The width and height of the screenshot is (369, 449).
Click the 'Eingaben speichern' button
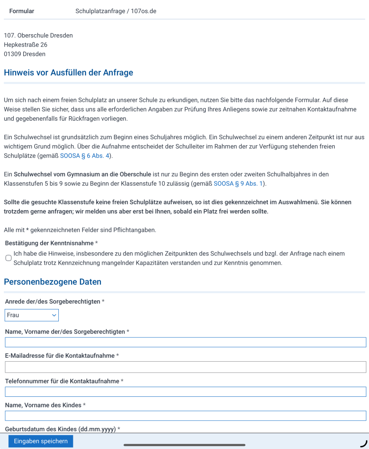41,441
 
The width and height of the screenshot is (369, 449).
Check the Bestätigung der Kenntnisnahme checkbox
8,258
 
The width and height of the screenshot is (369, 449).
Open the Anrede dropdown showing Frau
32,315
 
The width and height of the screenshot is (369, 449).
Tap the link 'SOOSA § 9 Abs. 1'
240,183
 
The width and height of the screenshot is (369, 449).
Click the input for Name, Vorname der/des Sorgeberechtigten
185,342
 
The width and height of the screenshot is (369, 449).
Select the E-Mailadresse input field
185,367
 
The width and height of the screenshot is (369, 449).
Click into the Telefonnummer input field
185,392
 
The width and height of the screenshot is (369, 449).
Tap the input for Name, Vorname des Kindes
185,416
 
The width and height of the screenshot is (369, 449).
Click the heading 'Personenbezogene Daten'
53,282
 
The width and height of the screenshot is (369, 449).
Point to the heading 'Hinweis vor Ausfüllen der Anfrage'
68,72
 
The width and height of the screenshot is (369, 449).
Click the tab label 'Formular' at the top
21,11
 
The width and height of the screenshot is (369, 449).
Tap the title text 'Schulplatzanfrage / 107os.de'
116,11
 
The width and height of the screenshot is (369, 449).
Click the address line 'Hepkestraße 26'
25,45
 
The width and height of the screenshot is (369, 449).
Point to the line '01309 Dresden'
25,54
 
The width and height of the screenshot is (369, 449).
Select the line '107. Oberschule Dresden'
38,35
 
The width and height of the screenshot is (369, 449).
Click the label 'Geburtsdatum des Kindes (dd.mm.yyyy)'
61,429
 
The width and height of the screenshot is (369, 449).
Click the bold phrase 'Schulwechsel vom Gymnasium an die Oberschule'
82,174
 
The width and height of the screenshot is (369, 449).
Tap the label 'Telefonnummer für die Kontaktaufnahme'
62,381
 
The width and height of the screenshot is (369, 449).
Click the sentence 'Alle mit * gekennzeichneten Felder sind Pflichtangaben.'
80,230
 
